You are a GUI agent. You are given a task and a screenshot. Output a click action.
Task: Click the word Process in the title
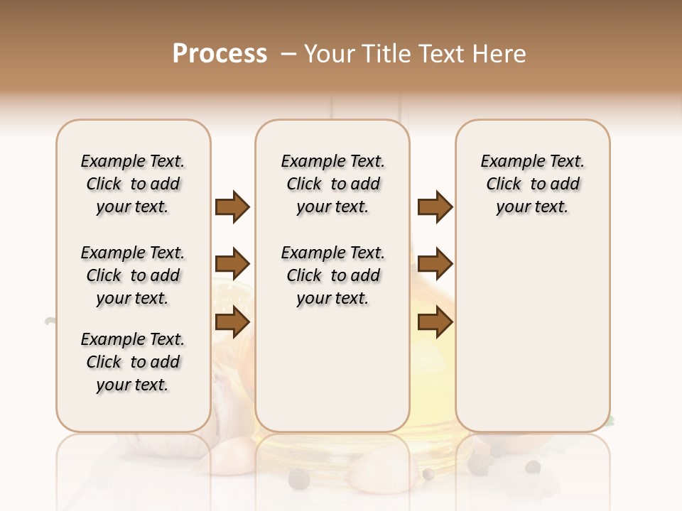coord(220,54)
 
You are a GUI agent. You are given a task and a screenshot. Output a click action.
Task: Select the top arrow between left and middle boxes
coord(232,207)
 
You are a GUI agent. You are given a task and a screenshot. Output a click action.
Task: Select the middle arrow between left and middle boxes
coord(232,265)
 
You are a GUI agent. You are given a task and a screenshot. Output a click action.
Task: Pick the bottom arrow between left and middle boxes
coord(232,322)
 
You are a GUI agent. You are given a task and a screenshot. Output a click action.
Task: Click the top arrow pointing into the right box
coord(435,207)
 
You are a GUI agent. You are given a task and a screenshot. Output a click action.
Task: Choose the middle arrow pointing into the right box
coord(435,265)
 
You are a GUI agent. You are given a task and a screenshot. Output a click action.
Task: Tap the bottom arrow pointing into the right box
coord(435,322)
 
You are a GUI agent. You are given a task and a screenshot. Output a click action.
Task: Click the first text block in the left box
coord(133,184)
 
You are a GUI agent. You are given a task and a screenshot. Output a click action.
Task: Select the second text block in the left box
coord(133,275)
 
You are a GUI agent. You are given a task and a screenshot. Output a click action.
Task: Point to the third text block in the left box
coord(133,362)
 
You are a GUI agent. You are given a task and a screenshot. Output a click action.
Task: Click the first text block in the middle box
coord(332,184)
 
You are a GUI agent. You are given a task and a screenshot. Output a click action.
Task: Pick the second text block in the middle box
coord(332,275)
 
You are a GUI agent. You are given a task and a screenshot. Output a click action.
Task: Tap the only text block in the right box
coord(532,184)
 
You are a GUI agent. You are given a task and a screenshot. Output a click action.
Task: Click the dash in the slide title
coord(288,54)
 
